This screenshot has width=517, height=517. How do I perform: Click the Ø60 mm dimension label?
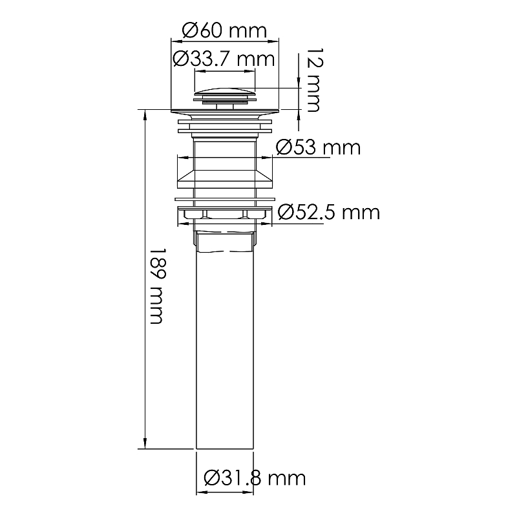click(x=224, y=30)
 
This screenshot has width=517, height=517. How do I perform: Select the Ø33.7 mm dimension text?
click(x=224, y=59)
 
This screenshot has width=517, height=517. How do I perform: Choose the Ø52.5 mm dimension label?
click(x=328, y=211)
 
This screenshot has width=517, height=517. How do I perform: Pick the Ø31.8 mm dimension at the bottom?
click(x=253, y=478)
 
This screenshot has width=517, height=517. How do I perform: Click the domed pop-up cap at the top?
click(x=225, y=91)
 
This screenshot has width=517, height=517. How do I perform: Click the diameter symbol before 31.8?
click(x=211, y=478)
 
